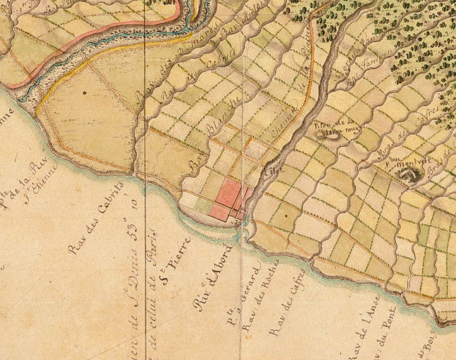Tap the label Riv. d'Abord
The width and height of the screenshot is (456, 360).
[213, 276]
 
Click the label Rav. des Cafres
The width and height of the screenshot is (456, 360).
[288, 303]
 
